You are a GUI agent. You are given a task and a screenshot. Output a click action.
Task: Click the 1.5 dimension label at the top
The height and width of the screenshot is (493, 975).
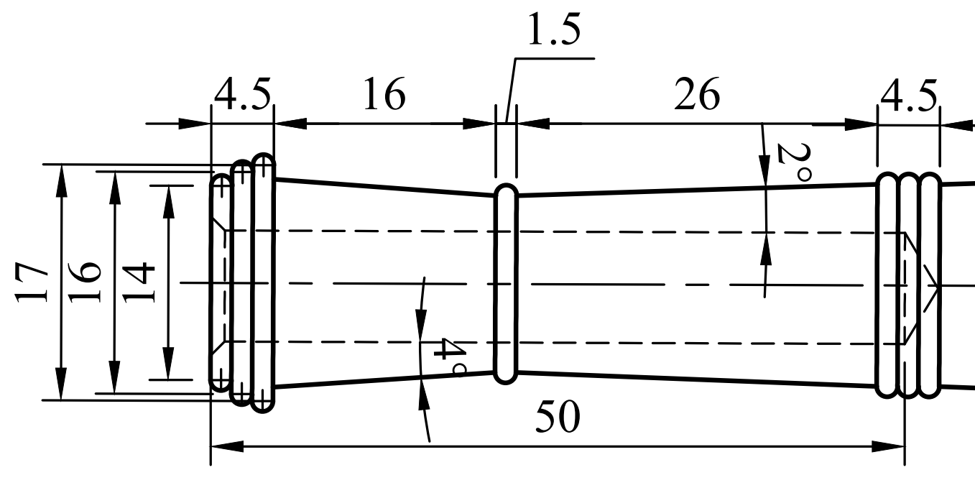(x=553, y=32)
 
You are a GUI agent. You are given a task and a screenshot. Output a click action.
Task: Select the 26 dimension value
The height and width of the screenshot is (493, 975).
(x=696, y=95)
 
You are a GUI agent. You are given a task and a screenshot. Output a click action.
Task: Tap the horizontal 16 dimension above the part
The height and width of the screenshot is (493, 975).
(x=384, y=95)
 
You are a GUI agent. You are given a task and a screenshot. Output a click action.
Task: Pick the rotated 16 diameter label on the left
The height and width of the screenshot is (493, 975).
(x=86, y=282)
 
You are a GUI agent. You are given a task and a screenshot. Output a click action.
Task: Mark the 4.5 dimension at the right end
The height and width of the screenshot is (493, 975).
(x=908, y=95)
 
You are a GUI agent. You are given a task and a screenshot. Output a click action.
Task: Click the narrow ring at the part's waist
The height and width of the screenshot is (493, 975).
(x=506, y=283)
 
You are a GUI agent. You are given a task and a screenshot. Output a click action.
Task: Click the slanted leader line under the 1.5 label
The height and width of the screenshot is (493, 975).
(x=511, y=86)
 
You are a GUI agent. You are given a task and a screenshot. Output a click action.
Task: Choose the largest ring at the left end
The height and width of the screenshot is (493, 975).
(x=264, y=282)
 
